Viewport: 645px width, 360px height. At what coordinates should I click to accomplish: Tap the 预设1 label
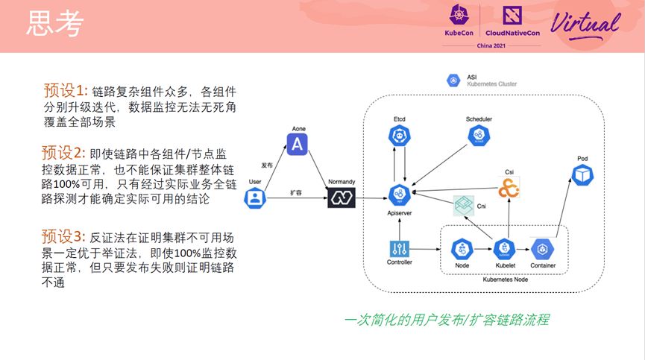pyautogui.click(x=66, y=91)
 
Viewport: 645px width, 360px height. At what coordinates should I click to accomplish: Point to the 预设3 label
pyautogui.click(x=65, y=237)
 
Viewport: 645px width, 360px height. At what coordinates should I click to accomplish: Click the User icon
pyautogui.click(x=256, y=198)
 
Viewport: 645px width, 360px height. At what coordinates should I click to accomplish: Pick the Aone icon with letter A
pyautogui.click(x=298, y=144)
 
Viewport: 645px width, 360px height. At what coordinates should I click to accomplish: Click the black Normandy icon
pyautogui.click(x=341, y=198)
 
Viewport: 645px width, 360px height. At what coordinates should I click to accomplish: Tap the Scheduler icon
pyautogui.click(x=478, y=136)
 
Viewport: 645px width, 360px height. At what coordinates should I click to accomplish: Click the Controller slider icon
pyautogui.click(x=399, y=249)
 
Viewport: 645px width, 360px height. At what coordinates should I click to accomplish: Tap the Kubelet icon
pyautogui.click(x=505, y=249)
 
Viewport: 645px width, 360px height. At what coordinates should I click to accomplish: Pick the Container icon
pyautogui.click(x=541, y=249)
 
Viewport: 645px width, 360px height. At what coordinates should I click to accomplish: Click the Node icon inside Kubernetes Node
pyautogui.click(x=462, y=249)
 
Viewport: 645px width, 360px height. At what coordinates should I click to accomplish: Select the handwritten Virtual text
pyautogui.click(x=586, y=22)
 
